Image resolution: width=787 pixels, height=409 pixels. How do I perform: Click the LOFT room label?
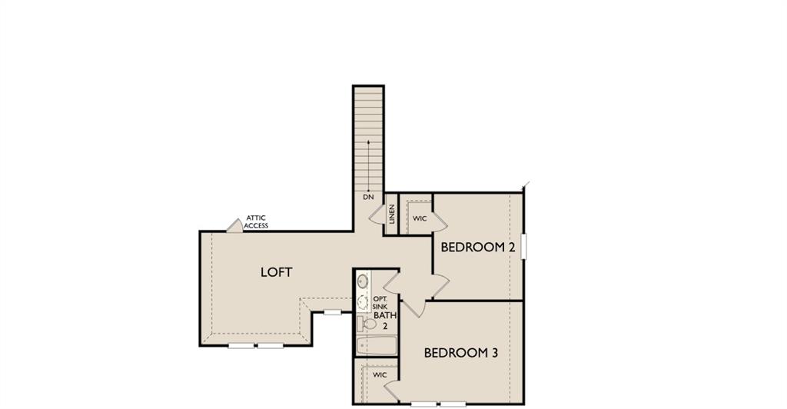pos(276,272)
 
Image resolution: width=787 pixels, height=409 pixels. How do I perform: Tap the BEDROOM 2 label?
pos(477,248)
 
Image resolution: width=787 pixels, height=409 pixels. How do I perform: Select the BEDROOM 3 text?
pos(461,353)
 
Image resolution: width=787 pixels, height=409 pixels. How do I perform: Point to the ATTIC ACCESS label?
pos(256,222)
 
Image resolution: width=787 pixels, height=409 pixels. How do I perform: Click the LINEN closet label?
pos(392,213)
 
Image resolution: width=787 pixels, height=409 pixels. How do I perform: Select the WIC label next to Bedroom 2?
pos(419,219)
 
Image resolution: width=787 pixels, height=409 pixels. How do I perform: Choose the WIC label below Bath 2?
pos(380,374)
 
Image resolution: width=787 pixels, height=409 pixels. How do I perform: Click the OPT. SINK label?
pos(380,303)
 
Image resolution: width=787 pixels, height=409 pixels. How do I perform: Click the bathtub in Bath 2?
pos(376,347)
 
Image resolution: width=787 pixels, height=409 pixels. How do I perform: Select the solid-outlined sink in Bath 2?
pos(363,282)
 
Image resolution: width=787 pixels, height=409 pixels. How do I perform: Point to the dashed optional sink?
pos(363,303)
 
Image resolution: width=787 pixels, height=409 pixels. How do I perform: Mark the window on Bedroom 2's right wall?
pos(523,247)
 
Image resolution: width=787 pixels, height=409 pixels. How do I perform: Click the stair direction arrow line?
pos(368,165)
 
